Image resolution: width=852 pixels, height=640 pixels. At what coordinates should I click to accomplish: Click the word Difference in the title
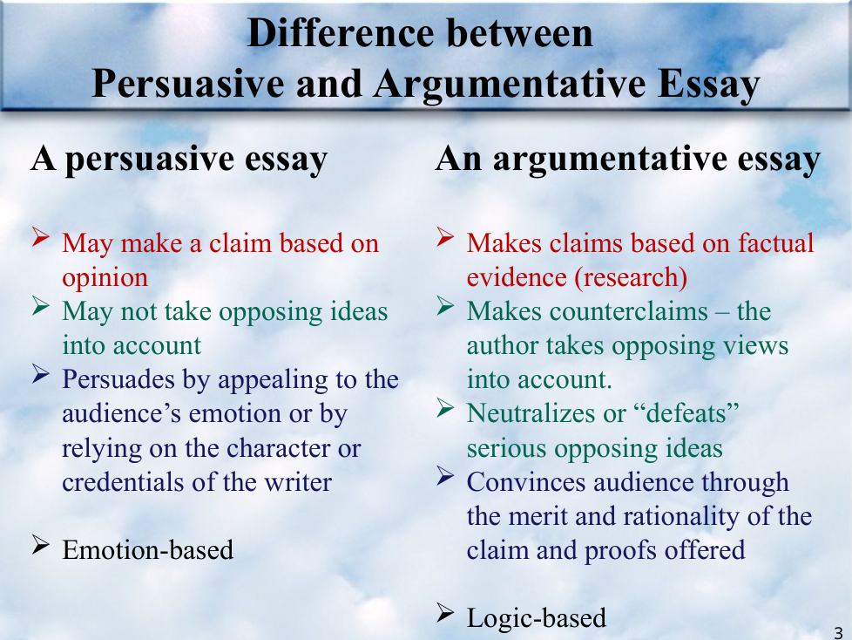tap(341, 33)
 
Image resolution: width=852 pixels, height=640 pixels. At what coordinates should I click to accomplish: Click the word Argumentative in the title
tap(510, 85)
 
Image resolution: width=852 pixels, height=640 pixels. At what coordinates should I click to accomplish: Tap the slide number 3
tap(838, 633)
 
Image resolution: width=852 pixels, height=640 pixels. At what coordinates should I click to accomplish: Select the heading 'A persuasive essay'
tap(179, 160)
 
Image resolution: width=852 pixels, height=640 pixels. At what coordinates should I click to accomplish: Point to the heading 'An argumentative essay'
tap(628, 160)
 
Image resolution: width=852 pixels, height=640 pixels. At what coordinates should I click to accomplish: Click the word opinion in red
tap(105, 278)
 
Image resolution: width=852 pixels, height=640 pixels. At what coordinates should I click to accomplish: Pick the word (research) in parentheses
tap(631, 277)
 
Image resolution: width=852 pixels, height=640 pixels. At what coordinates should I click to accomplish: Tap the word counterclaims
tap(629, 311)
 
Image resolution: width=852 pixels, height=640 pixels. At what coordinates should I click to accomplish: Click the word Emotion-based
tap(148, 549)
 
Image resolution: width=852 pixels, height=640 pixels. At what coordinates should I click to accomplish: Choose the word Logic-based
tap(537, 618)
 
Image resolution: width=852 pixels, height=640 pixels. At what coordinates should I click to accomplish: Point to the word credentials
tap(123, 482)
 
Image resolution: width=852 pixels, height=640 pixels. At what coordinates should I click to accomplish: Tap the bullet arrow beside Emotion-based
tap(41, 544)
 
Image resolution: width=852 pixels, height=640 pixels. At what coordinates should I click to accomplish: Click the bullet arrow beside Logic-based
tap(445, 613)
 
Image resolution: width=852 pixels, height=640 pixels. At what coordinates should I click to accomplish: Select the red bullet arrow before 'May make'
tap(41, 237)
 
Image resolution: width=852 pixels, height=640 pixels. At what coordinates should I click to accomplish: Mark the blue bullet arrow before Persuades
tap(41, 373)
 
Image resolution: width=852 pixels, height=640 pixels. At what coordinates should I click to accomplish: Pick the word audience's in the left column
tap(122, 414)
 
